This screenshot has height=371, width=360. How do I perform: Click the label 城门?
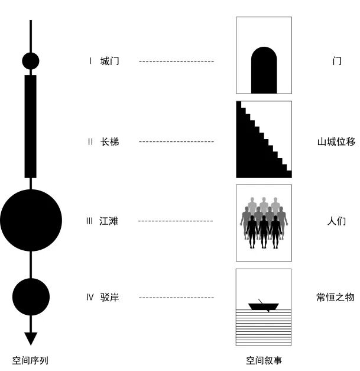click(109, 60)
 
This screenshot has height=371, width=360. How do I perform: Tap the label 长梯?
click(109, 141)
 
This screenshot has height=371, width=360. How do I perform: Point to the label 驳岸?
click(109, 297)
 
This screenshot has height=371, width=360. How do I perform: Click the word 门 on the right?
click(337, 60)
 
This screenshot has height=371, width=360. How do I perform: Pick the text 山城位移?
click(336, 141)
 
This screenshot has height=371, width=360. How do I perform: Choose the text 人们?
click(336, 221)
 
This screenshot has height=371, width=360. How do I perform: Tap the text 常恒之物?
click(335, 297)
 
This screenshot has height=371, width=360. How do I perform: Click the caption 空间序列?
click(30, 360)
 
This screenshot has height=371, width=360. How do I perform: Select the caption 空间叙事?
click(264, 360)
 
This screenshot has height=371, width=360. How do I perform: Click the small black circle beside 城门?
click(31, 60)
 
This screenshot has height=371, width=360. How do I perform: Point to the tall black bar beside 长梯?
click(30, 126)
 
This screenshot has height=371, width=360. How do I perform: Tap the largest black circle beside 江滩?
click(31, 220)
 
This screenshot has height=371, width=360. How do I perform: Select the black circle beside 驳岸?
click(31, 296)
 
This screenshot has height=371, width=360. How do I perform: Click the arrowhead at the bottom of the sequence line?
click(31, 338)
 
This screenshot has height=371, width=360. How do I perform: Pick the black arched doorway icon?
click(264, 71)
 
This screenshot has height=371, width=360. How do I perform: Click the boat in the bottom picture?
click(263, 307)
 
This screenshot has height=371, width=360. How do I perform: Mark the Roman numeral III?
click(89, 221)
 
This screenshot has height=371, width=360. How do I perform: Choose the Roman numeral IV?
click(90, 297)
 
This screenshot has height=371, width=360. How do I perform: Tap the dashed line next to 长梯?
click(176, 141)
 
